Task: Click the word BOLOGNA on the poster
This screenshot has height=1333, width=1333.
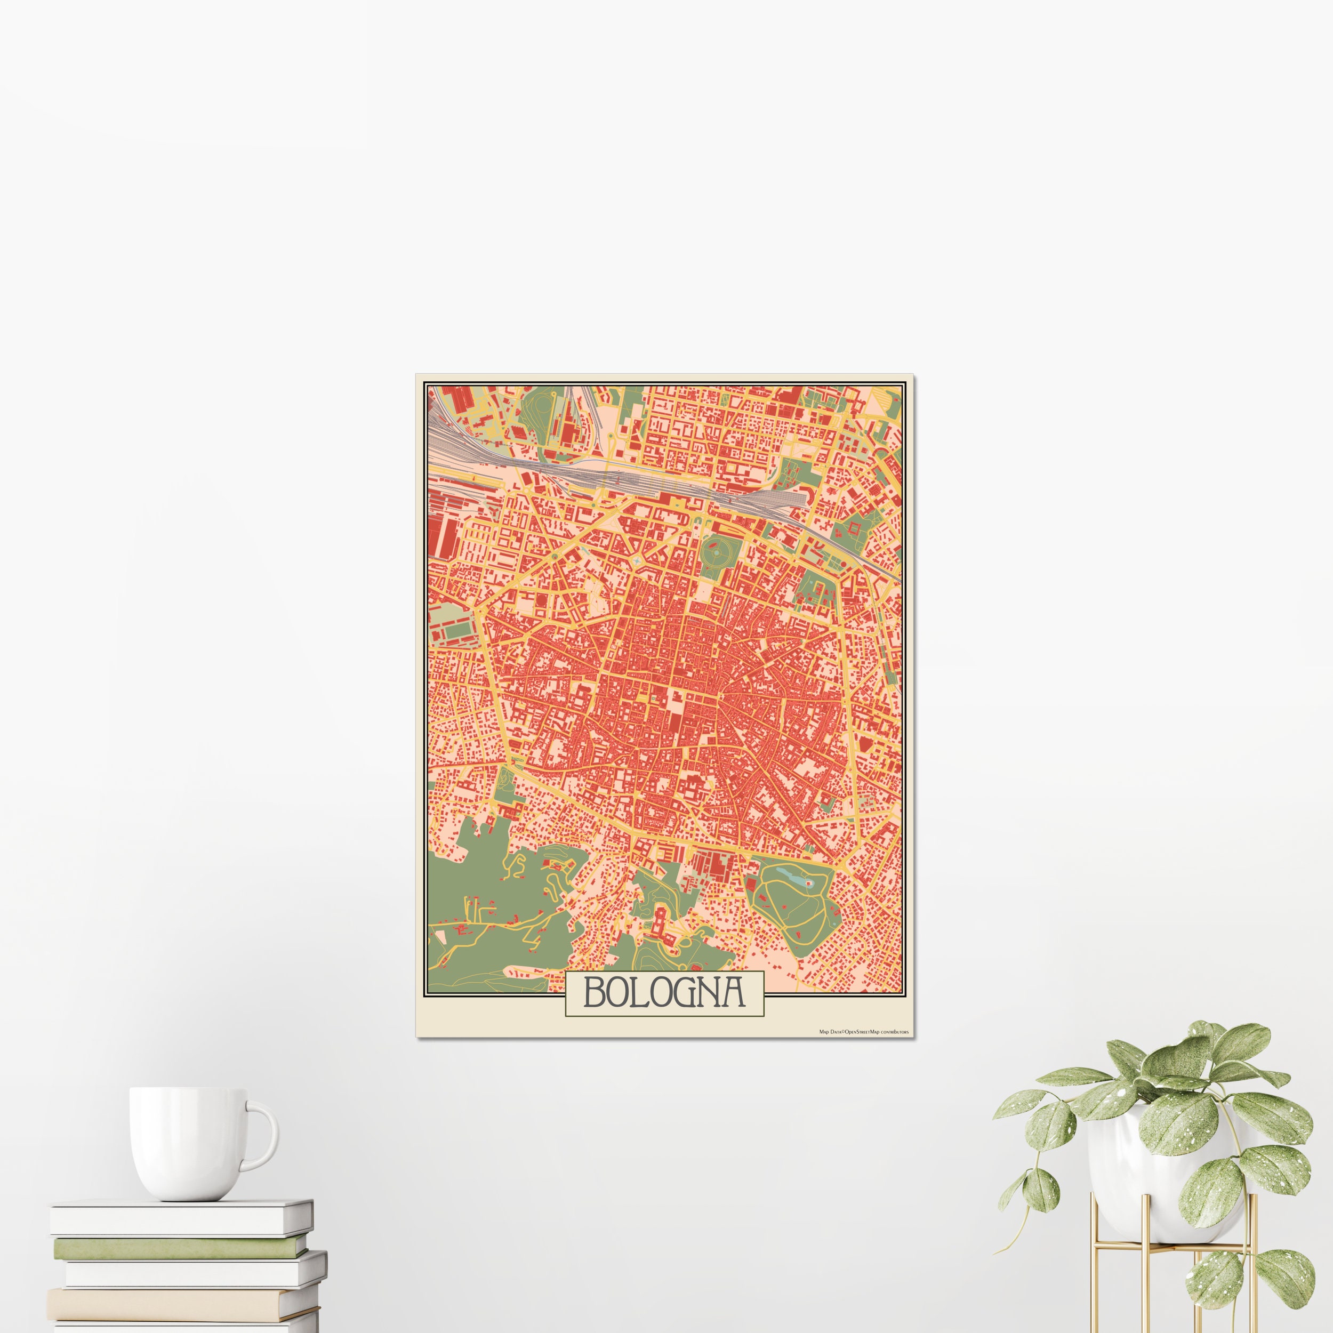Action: (x=664, y=993)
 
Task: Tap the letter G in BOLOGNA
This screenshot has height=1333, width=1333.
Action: (x=690, y=993)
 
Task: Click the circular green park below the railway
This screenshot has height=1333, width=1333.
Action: (x=718, y=552)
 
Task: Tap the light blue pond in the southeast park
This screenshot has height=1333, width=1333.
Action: (x=789, y=876)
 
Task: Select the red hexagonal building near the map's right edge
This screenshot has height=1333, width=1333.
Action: (x=854, y=528)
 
